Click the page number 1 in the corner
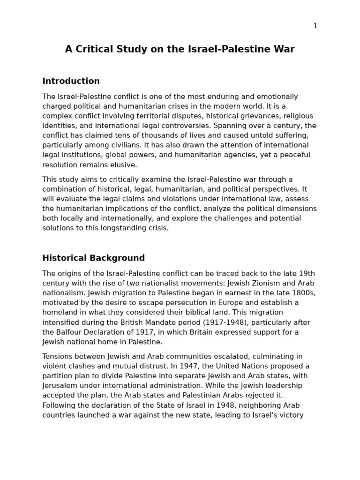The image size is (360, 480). (315, 26)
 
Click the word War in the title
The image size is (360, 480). (285, 49)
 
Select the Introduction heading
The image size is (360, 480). (71, 81)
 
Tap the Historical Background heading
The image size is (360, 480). (93, 258)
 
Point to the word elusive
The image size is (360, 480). (124, 165)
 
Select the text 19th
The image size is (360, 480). (307, 274)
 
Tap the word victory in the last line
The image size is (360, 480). (291, 415)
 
